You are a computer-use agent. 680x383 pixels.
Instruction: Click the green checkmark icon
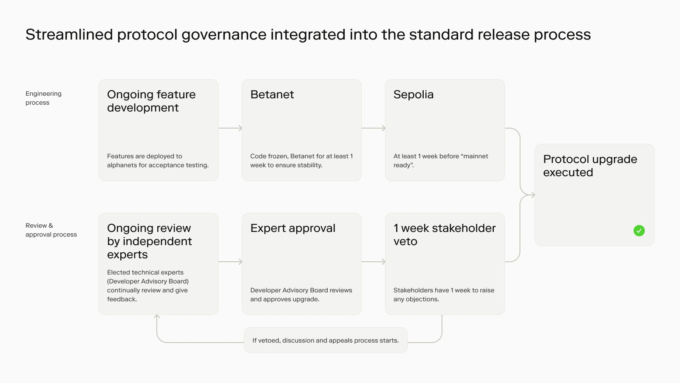[639, 231]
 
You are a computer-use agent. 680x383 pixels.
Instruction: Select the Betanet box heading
[272, 94]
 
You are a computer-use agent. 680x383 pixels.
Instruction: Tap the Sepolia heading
[413, 94]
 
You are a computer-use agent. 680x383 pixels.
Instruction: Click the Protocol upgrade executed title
[590, 166]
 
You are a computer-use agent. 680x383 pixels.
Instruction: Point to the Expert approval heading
[293, 228]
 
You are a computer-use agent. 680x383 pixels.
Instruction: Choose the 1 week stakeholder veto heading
[444, 234]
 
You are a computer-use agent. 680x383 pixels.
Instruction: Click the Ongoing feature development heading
[151, 101]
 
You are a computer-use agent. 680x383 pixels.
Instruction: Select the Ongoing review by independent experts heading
[149, 241]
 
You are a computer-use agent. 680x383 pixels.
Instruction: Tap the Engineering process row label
[43, 98]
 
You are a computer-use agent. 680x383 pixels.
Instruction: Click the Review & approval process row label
[51, 230]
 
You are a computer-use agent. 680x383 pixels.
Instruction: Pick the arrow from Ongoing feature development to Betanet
[230, 128]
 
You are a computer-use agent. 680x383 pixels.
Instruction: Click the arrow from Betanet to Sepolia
[374, 128]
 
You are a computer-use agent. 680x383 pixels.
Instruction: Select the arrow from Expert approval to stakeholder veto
[374, 262]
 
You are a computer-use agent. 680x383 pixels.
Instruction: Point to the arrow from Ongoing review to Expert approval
[230, 262]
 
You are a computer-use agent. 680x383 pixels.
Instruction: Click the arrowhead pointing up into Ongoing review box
[157, 317]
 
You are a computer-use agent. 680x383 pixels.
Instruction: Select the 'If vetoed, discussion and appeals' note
[326, 340]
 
